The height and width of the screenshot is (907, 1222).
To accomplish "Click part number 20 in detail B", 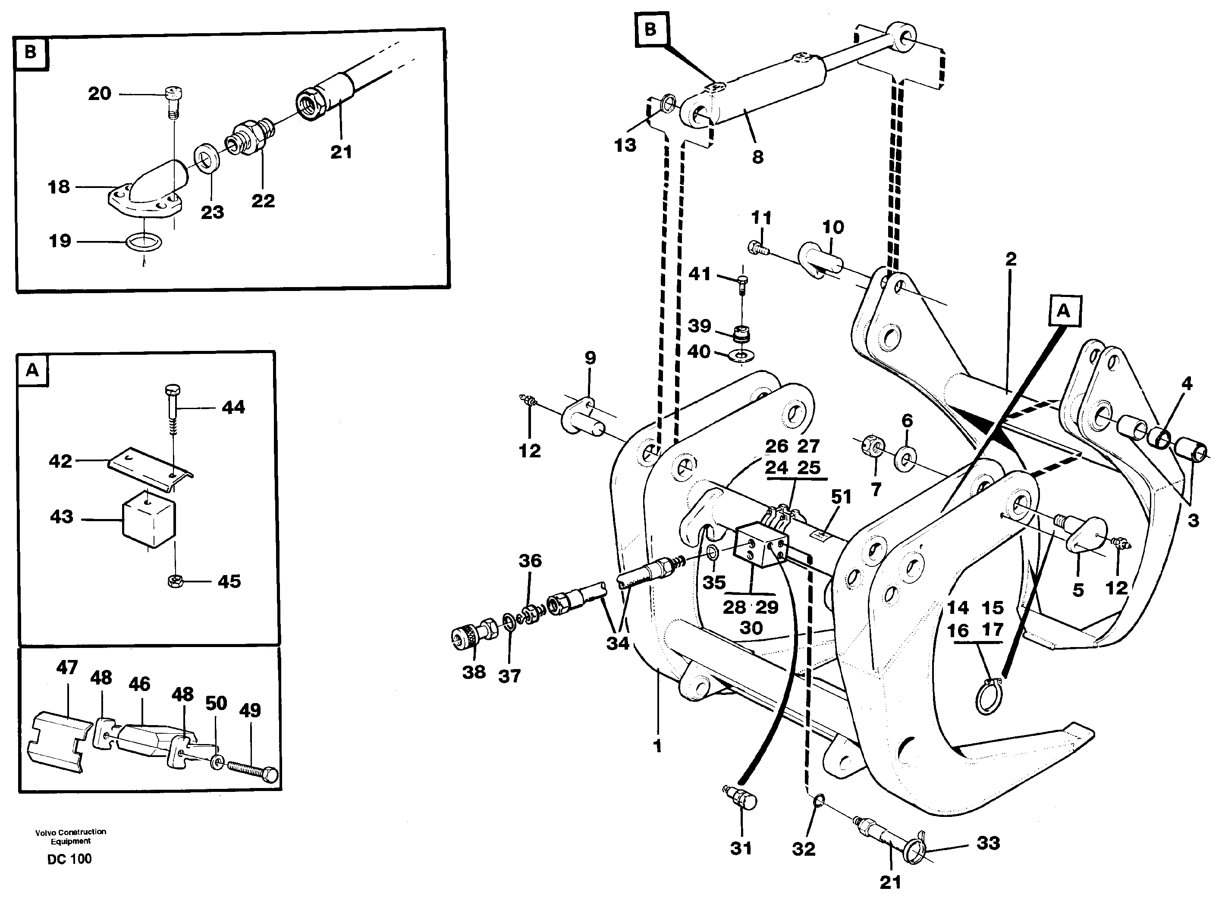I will (99, 94).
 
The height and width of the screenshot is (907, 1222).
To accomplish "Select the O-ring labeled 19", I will (144, 241).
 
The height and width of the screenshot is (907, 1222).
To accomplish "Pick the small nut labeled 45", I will (175, 580).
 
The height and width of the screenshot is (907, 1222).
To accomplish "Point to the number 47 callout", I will (67, 668).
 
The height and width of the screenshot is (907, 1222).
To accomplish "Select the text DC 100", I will (69, 859).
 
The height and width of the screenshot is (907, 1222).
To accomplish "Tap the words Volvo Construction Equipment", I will (70, 836).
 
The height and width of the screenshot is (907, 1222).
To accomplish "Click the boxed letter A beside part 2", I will (1063, 311).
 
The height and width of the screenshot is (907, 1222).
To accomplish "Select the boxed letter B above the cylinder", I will (650, 30).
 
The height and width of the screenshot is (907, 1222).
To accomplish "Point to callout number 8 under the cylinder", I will (757, 157).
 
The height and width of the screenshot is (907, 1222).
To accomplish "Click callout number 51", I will (841, 497).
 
